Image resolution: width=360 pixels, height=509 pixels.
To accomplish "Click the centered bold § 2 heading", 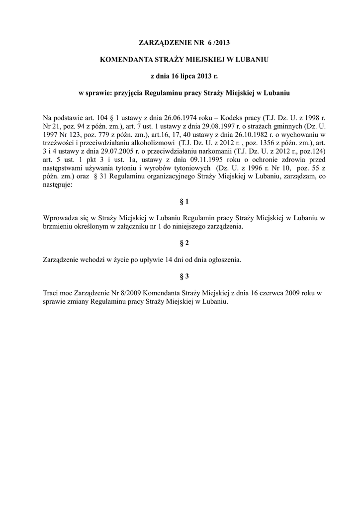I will coord(184,243).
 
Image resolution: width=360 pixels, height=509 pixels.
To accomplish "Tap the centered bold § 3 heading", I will coord(184,276).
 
